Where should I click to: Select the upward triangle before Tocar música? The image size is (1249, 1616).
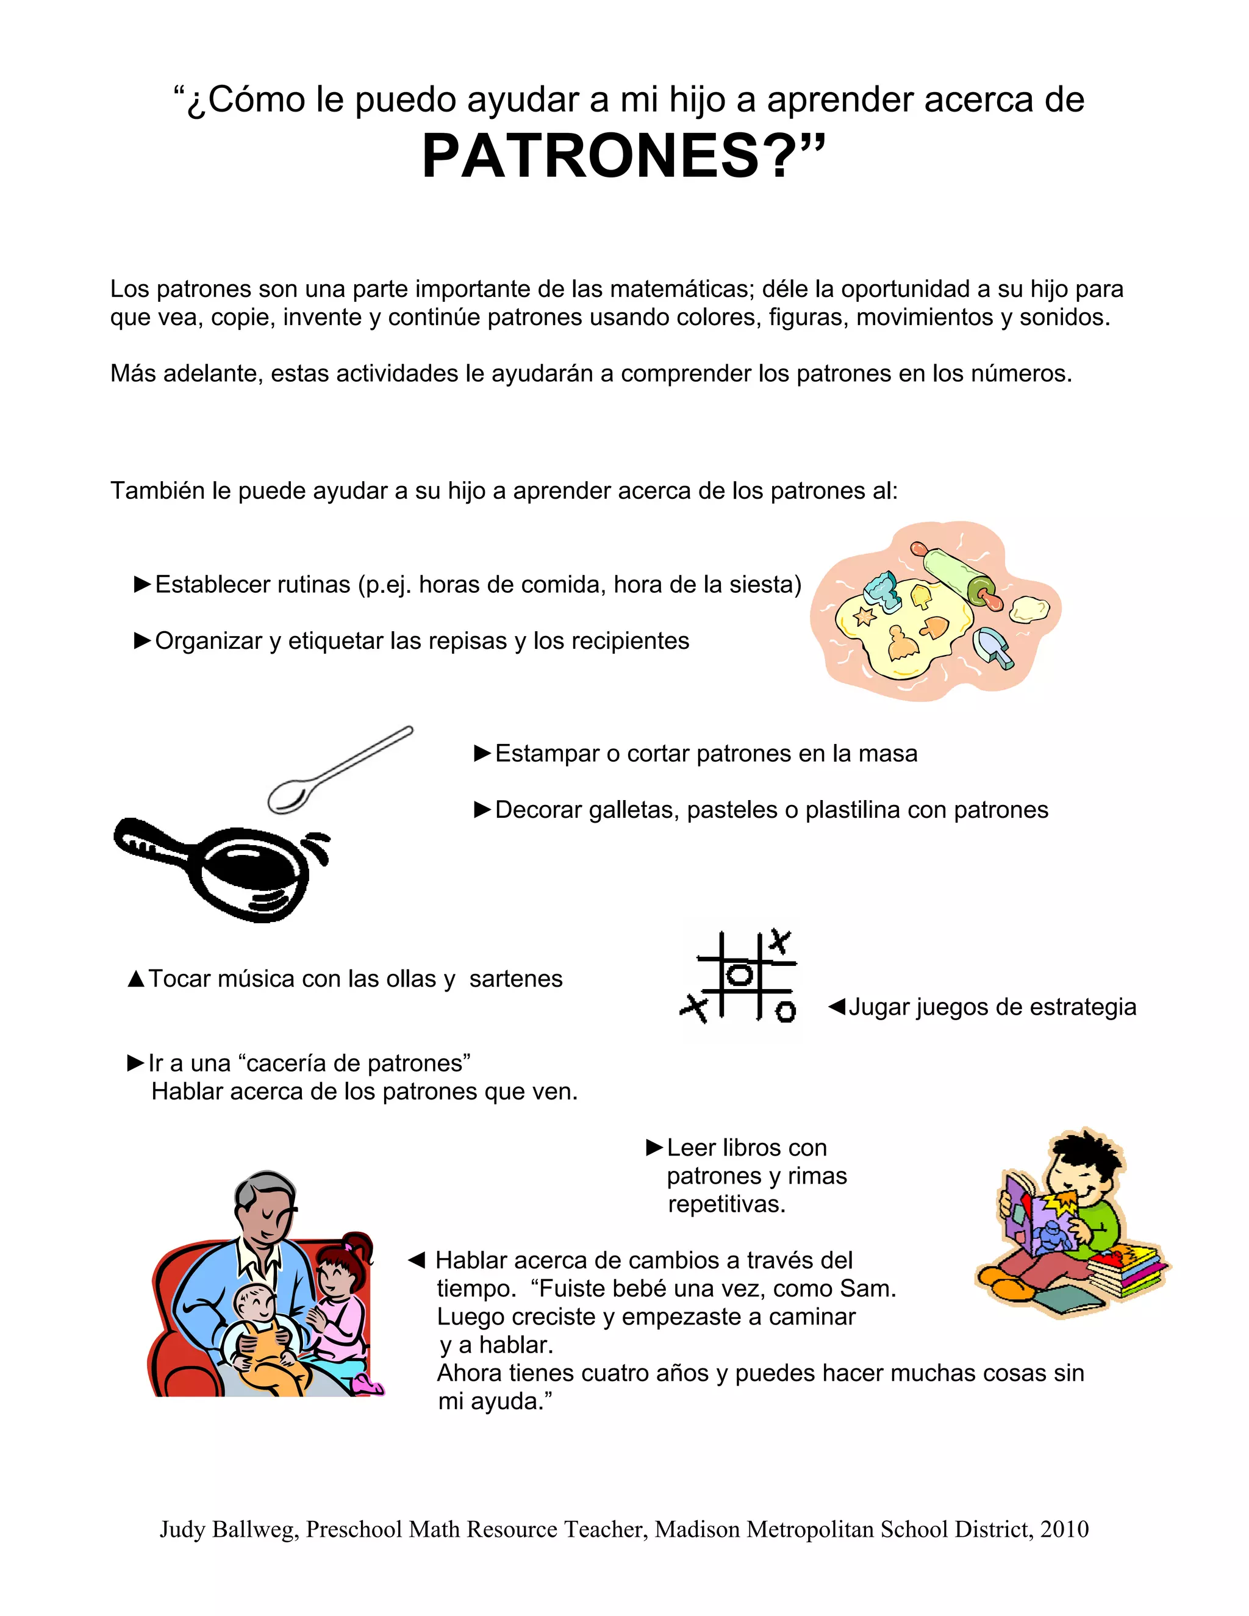pos(136,979)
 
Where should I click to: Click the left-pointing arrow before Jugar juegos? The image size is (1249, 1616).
pos(836,1006)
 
